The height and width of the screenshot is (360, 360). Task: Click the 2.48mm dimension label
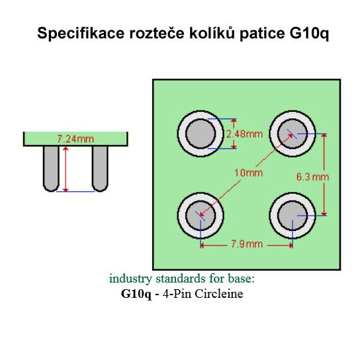click(x=244, y=134)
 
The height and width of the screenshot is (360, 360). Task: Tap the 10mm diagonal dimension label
click(x=248, y=173)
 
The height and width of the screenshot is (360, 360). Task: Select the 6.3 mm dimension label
click(x=313, y=177)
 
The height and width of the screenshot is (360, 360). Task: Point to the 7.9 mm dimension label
click(x=247, y=244)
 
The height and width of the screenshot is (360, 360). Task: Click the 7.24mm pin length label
click(x=75, y=139)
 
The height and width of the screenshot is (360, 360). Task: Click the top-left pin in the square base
click(x=201, y=134)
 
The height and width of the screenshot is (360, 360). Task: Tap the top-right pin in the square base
click(x=292, y=134)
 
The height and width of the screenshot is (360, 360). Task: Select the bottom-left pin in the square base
click(x=201, y=215)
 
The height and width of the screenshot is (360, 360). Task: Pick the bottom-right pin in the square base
click(x=292, y=215)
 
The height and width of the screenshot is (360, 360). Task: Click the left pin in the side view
click(x=51, y=169)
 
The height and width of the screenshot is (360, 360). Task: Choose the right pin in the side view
click(x=100, y=169)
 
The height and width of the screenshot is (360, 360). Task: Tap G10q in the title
click(x=309, y=34)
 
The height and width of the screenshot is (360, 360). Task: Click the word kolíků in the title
click(x=212, y=33)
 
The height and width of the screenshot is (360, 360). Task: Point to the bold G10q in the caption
click(x=136, y=294)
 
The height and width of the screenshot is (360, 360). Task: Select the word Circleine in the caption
click(x=219, y=294)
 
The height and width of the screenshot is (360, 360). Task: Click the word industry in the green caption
click(x=130, y=279)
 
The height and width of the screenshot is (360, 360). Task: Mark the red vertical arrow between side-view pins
click(x=66, y=169)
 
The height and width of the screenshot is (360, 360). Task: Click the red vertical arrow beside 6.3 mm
click(x=324, y=175)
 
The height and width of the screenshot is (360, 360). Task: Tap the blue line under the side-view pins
click(x=75, y=191)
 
